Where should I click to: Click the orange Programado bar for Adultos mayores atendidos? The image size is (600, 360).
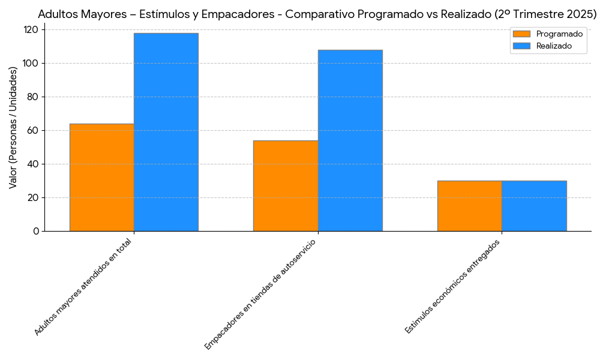[101, 177]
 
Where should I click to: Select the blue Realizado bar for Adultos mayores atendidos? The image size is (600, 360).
[166, 132]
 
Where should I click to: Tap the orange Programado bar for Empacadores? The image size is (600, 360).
[285, 185]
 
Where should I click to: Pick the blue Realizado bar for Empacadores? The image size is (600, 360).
[350, 140]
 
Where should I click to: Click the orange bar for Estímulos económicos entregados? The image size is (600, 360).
[469, 206]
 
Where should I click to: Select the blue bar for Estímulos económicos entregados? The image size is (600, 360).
[534, 206]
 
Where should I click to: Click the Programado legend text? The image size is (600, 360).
[559, 34]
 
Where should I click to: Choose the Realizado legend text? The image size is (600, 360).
[554, 46]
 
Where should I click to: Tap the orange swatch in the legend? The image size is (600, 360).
[522, 34]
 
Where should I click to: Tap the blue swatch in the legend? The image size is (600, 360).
[522, 46]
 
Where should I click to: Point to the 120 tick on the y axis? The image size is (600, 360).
[32, 29]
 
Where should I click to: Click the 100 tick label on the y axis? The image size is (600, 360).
[32, 63]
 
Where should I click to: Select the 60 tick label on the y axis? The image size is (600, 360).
[34, 130]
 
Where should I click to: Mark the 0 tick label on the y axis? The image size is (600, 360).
[36, 231]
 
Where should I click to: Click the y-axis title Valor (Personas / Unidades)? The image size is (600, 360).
[13, 127]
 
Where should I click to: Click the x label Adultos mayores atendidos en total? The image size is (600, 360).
[83, 287]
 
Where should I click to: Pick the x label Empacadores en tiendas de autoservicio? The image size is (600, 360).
[260, 295]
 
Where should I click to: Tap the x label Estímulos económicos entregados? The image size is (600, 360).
[452, 286]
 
